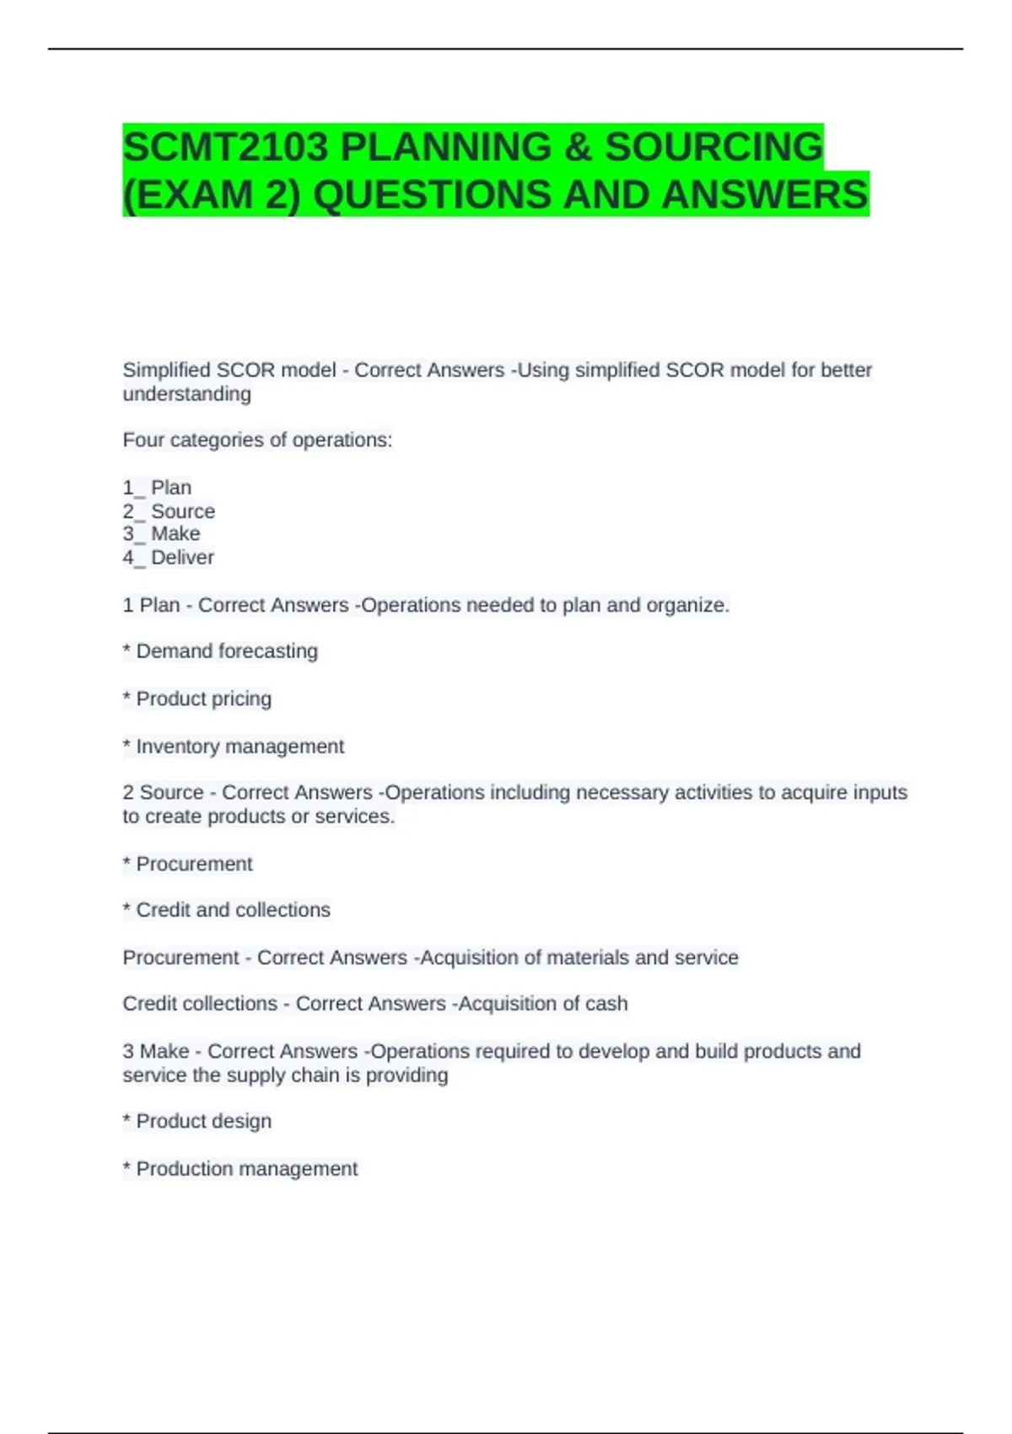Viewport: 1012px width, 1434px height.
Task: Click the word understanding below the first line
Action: pos(186,394)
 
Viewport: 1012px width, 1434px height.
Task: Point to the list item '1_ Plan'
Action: pos(157,488)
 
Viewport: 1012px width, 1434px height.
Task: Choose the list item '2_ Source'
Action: pos(169,511)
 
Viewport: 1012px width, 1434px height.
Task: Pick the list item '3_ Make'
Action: pos(161,534)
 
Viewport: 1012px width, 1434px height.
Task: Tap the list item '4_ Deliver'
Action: pos(168,558)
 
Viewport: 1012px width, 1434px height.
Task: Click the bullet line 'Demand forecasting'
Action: pos(220,651)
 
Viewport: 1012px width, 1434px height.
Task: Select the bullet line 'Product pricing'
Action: pos(197,699)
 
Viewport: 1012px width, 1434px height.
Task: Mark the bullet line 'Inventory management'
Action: pos(234,747)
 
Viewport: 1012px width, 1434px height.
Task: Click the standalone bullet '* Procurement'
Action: pos(187,864)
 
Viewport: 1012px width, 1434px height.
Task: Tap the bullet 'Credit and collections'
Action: pos(226,910)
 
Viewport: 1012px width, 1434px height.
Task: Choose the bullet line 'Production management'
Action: pos(240,1169)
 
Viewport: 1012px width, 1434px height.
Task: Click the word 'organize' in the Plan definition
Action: pos(693,606)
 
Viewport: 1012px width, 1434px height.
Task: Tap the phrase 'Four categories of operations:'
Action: pos(257,440)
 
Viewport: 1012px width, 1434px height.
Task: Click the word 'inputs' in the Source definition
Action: pos(879,793)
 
